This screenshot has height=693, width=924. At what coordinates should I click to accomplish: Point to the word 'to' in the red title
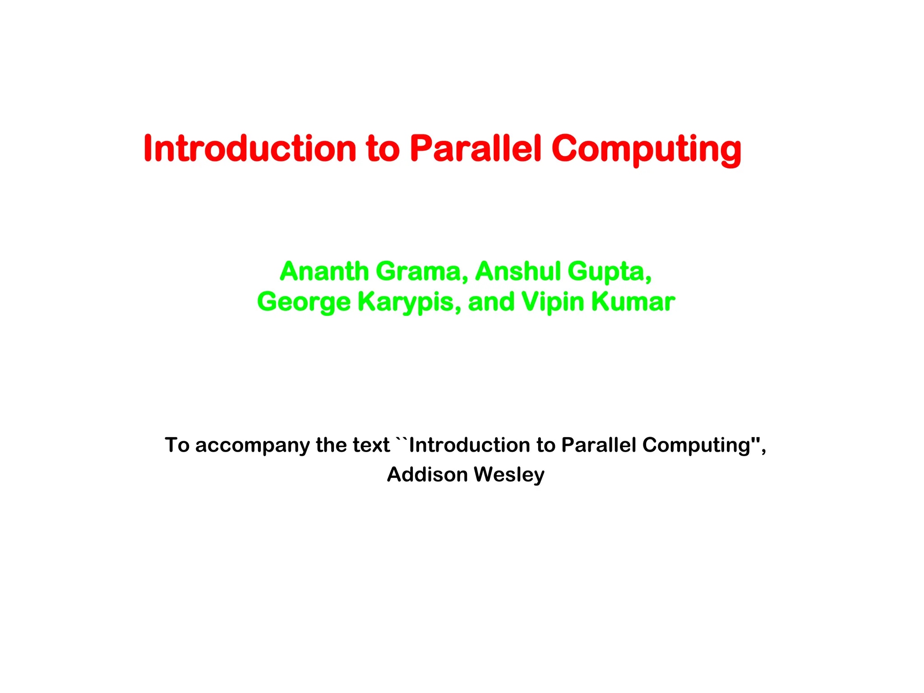pos(383,149)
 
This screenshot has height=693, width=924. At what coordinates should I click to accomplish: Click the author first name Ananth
pos(324,271)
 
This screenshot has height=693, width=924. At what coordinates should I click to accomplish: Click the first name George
pos(304,302)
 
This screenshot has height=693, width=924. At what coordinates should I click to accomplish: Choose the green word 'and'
pos(491,301)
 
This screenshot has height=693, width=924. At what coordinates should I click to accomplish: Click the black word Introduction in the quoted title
pos(469,445)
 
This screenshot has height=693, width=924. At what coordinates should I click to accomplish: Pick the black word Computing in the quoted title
pos(696,446)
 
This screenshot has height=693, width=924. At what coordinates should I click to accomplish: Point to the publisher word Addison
pos(427,475)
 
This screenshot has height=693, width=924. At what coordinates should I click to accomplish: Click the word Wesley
pos(509,475)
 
